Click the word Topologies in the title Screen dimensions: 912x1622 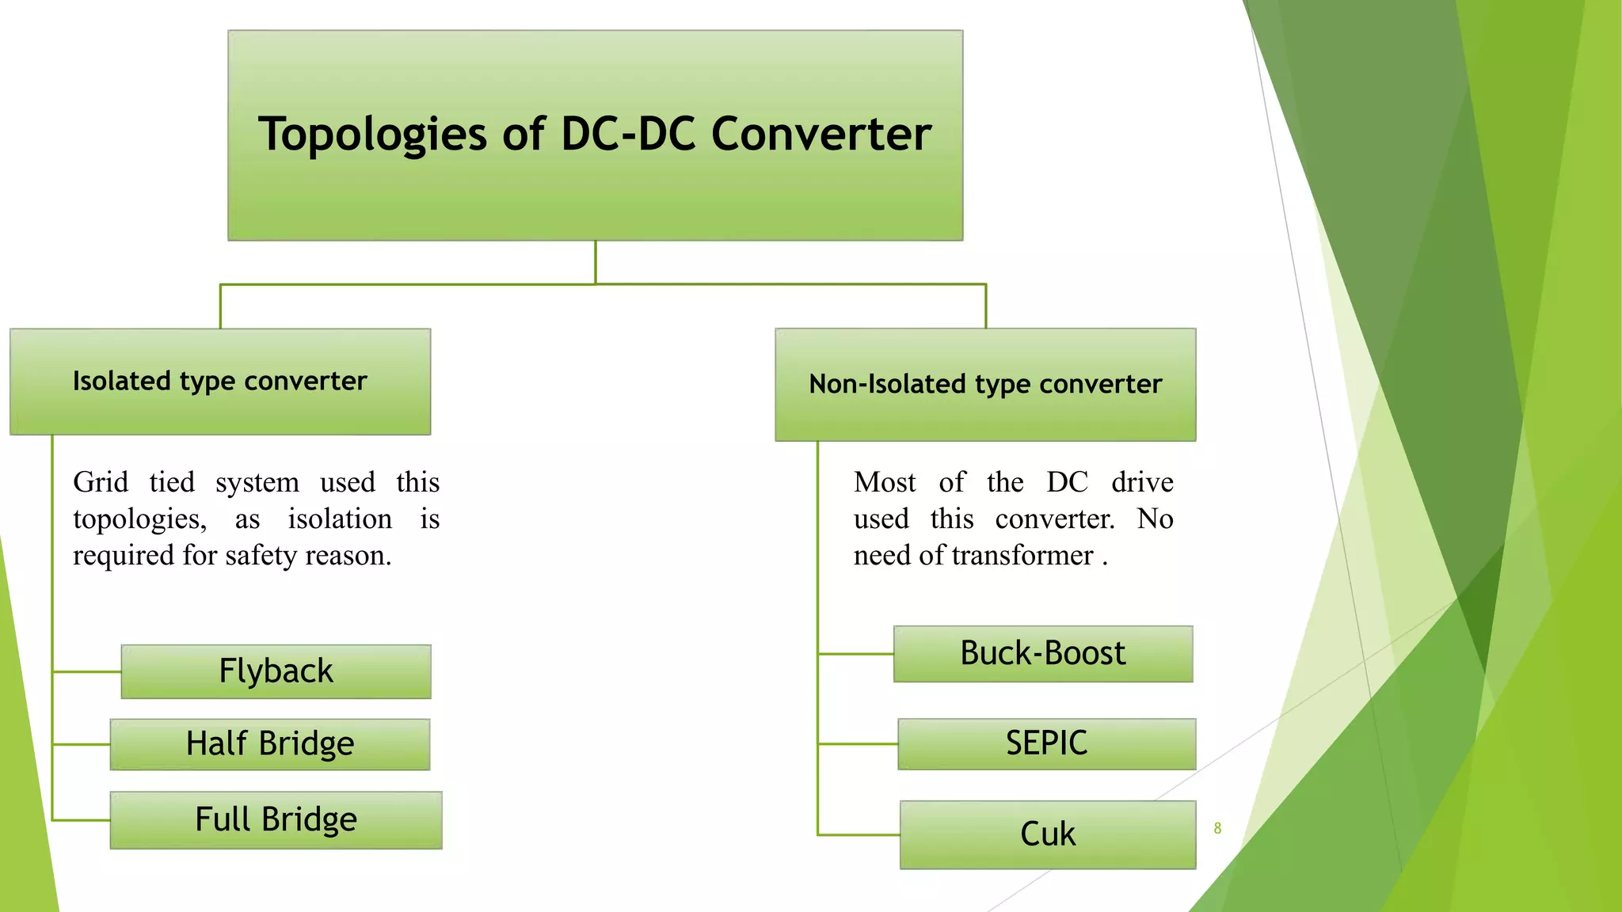[x=371, y=135]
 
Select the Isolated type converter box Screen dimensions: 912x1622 [x=220, y=382]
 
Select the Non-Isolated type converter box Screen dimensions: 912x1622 [x=985, y=385]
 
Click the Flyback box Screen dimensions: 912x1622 [x=276, y=671]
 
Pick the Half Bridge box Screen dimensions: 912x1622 [x=270, y=744]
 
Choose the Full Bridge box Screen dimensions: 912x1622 [x=276, y=820]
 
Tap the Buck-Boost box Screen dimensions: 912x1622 [x=1043, y=654]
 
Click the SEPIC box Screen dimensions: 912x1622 [x=1046, y=744]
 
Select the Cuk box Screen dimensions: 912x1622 [x=1048, y=834]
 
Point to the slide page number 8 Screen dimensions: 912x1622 [x=1217, y=828]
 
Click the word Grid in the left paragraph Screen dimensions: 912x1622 [x=101, y=482]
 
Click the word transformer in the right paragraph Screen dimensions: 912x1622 [x=1022, y=556]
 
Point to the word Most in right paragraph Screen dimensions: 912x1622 [x=885, y=482]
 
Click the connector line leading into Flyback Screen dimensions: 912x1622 [x=87, y=671]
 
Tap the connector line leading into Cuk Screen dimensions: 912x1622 [x=859, y=834]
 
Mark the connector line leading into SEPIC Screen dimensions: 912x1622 [x=858, y=744]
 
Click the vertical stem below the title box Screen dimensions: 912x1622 [x=596, y=262]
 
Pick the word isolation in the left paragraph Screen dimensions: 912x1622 [x=340, y=519]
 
